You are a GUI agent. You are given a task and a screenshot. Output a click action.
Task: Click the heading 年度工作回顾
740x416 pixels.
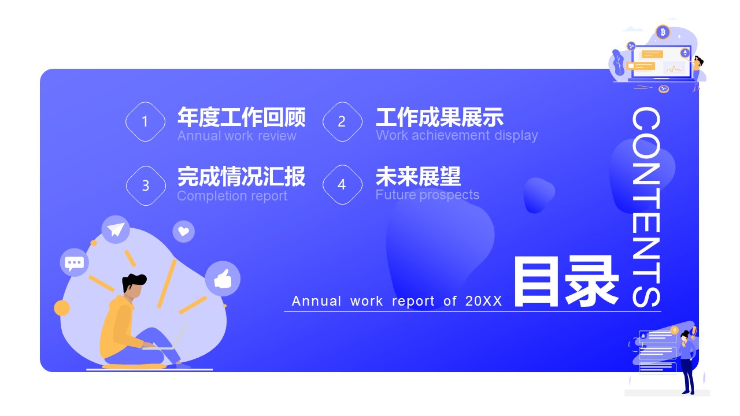tap(242, 117)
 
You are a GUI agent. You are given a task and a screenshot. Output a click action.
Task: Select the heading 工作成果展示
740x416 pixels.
tap(440, 117)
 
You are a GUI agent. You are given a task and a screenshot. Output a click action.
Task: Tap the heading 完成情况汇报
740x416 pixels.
tap(242, 177)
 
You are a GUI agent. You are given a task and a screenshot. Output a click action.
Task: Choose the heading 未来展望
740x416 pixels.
tap(418, 177)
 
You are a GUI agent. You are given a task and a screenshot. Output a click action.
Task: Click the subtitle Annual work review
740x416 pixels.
tap(236, 136)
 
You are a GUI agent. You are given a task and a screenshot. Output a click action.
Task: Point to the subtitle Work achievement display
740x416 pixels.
tap(457, 136)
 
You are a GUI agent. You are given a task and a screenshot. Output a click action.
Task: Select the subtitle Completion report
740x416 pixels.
tap(232, 196)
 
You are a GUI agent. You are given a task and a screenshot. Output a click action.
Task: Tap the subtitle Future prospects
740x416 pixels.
tap(427, 195)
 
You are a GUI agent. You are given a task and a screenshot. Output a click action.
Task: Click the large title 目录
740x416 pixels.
tap(566, 281)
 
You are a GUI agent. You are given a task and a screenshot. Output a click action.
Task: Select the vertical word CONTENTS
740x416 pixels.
tap(646, 207)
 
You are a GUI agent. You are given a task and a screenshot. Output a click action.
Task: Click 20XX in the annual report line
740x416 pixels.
tap(484, 301)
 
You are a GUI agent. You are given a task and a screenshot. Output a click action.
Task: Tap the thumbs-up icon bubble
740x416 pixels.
tap(223, 278)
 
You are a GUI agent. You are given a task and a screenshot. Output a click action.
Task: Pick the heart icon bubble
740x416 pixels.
tap(184, 232)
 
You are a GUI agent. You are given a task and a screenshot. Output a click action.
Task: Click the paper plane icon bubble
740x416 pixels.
tap(116, 229)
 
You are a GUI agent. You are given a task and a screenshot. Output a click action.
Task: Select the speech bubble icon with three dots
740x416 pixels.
tap(75, 262)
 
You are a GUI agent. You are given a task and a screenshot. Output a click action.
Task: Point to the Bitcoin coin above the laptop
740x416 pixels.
tap(663, 32)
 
